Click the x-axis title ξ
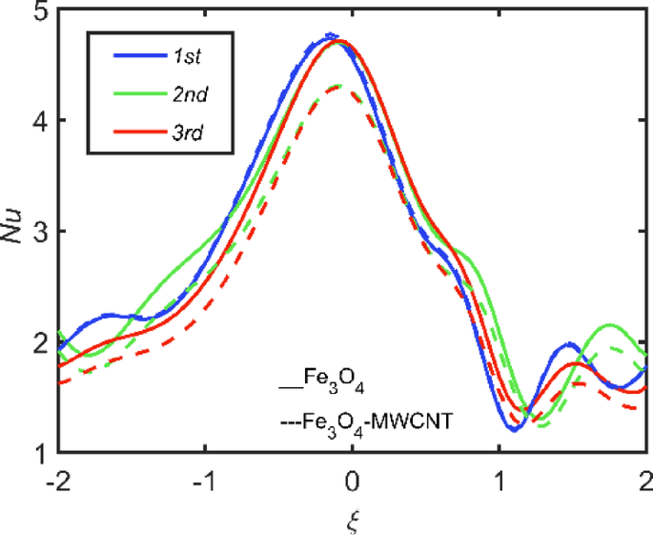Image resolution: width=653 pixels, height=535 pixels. (x=352, y=520)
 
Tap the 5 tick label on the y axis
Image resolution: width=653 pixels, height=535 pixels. (x=38, y=12)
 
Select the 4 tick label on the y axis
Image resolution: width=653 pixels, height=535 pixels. (x=38, y=121)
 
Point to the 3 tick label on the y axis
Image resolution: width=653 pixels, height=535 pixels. (x=38, y=232)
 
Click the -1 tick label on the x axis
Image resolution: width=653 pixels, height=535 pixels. (x=202, y=478)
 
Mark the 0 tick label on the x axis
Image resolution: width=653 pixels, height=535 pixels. (x=352, y=478)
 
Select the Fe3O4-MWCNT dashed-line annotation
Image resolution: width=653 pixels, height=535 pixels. (x=366, y=417)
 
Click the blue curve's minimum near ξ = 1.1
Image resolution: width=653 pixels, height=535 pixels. (x=514, y=430)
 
